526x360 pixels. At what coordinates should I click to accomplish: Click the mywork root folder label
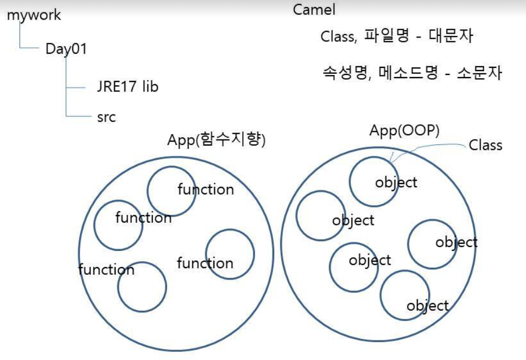[x=34, y=15]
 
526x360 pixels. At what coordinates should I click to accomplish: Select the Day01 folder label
[x=66, y=48]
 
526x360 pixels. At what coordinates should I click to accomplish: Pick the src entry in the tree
[x=106, y=117]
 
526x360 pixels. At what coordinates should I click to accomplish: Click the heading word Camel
[x=314, y=10]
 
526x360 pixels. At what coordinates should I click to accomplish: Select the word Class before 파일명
[x=338, y=37]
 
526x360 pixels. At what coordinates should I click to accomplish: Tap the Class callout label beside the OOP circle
[x=485, y=146]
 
